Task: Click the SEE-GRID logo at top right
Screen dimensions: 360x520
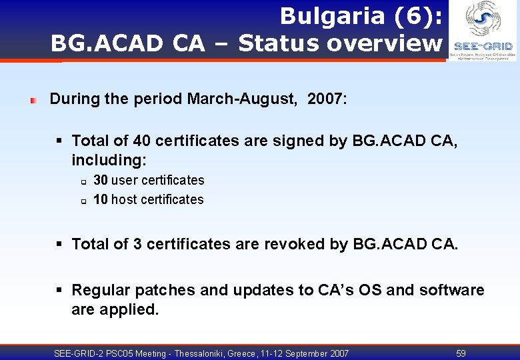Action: (483, 31)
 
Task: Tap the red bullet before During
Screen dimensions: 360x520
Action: (33, 101)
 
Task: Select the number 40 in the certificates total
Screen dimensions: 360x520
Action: (141, 141)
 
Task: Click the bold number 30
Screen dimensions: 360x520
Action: (101, 180)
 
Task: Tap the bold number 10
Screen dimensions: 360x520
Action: (101, 199)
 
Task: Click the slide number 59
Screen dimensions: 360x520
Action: (461, 353)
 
